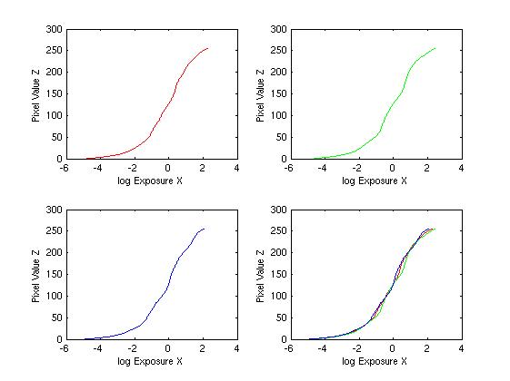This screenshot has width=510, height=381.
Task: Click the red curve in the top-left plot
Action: click(x=162, y=114)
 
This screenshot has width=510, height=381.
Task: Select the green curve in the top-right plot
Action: click(x=385, y=114)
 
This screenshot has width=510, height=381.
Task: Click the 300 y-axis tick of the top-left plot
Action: click(x=54, y=29)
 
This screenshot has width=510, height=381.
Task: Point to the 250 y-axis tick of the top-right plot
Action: click(x=278, y=50)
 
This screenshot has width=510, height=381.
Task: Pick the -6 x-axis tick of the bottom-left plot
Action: click(x=64, y=348)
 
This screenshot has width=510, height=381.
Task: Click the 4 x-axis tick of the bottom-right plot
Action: click(x=461, y=348)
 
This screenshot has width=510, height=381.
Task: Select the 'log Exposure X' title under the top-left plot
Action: click(x=150, y=181)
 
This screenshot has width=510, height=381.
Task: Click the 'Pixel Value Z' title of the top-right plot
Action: click(x=260, y=95)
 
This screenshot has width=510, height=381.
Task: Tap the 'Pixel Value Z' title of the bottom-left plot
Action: click(x=35, y=276)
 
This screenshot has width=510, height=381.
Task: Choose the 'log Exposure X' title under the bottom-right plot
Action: click(x=375, y=361)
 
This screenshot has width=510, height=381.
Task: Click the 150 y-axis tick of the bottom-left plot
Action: click(x=54, y=274)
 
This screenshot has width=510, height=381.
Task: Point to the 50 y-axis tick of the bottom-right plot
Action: click(x=281, y=317)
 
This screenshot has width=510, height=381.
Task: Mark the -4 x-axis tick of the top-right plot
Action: click(x=322, y=168)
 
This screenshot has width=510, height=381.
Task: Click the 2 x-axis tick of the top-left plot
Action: click(x=203, y=168)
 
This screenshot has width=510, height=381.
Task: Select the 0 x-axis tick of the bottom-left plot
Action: click(x=167, y=348)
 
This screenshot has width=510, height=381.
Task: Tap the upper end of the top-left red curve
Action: click(x=208, y=48)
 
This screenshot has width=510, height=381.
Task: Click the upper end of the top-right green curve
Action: click(x=435, y=48)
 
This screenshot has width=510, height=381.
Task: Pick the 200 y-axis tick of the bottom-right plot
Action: click(x=278, y=252)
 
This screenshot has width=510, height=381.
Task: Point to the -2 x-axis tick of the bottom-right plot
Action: click(x=356, y=348)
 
